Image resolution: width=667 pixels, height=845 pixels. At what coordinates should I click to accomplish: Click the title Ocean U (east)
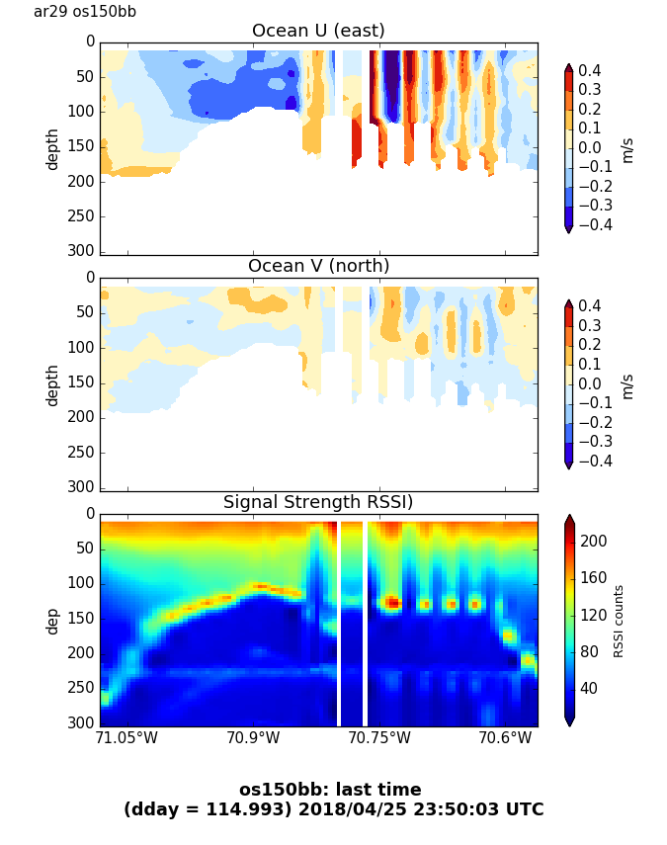pyautogui.click(x=318, y=31)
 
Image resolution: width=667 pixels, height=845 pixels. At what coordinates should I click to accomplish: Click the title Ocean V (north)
pyautogui.click(x=318, y=266)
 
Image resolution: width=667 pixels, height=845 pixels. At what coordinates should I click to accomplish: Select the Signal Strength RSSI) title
pyautogui.click(x=318, y=502)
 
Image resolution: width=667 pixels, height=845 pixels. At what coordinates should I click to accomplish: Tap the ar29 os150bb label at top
pyautogui.click(x=85, y=12)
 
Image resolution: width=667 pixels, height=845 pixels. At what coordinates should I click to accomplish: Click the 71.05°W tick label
pyautogui.click(x=126, y=738)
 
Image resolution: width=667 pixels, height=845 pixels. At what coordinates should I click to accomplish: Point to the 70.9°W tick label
pyautogui.click(x=253, y=738)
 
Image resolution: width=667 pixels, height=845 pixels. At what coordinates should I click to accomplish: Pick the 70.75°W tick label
pyautogui.click(x=379, y=738)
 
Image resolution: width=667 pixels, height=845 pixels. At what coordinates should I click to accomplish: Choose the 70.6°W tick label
pyautogui.click(x=506, y=738)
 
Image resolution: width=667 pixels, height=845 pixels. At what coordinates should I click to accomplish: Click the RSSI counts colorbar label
pyautogui.click(x=620, y=621)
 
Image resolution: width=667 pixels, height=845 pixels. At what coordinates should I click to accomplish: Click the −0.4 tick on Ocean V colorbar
pyautogui.click(x=597, y=461)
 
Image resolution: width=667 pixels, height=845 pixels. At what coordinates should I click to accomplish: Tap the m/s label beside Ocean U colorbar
pyautogui.click(x=627, y=149)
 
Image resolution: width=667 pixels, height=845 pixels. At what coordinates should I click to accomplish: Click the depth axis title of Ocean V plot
pyautogui.click(x=52, y=384)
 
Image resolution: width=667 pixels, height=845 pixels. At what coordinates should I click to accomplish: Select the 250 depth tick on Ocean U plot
pyautogui.click(x=83, y=216)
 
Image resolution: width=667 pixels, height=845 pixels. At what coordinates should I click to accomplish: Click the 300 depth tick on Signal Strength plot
pyautogui.click(x=83, y=722)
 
